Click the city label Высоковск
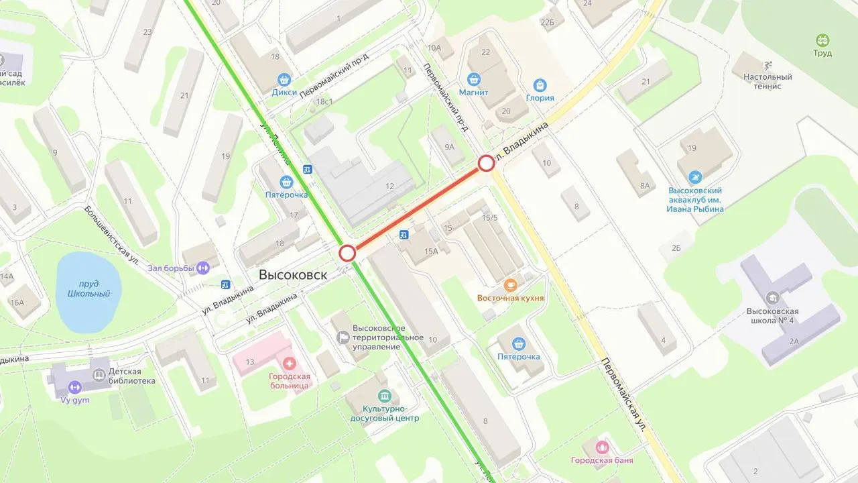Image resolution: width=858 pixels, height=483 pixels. pyautogui.click(x=293, y=275)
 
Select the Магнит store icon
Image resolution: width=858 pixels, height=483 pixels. pyautogui.click(x=473, y=79)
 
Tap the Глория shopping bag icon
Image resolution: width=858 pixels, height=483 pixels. pyautogui.click(x=540, y=85)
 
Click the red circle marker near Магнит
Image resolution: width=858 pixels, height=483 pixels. pyautogui.click(x=487, y=164)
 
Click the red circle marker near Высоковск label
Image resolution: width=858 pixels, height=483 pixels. pyautogui.click(x=347, y=253)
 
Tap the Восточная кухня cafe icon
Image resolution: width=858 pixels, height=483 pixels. pyautogui.click(x=510, y=284)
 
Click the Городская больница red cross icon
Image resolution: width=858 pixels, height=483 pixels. pyautogui.click(x=290, y=364)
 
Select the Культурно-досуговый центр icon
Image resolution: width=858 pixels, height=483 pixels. pyautogui.click(x=384, y=396)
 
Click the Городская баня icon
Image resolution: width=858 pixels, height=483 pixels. pyautogui.click(x=602, y=447)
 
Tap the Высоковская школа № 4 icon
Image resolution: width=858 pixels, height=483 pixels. pyautogui.click(x=772, y=297)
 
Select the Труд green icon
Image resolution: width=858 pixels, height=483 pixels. pyautogui.click(x=822, y=40)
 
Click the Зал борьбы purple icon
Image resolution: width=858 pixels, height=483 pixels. pyautogui.click(x=203, y=268)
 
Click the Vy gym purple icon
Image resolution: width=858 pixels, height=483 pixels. pyautogui.click(x=74, y=387)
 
